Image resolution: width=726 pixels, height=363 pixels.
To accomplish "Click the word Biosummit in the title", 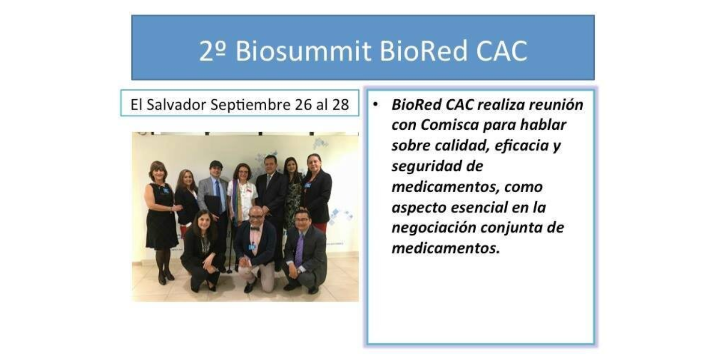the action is (303, 51).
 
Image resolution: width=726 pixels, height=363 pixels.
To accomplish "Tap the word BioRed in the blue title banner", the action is (423, 51).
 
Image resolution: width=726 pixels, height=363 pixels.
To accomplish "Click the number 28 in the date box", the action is (340, 105).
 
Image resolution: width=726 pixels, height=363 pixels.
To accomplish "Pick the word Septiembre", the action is (251, 105).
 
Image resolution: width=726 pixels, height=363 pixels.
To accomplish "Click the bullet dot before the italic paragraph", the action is (375, 105).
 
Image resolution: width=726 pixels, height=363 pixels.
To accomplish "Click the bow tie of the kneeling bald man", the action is (255, 229).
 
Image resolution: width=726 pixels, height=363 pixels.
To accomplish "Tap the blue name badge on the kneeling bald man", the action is (252, 247).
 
